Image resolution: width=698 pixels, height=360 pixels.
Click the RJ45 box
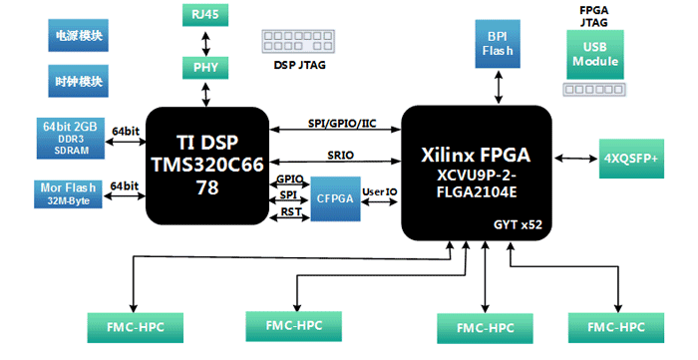tap(206, 15)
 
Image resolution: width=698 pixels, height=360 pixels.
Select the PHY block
tap(206, 67)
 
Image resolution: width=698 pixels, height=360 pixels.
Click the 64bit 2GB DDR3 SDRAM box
tap(70, 138)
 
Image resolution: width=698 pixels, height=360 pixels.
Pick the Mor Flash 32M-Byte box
tap(70, 192)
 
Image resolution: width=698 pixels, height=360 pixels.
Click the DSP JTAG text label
tap(300, 66)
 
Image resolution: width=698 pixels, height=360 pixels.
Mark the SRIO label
tap(341, 156)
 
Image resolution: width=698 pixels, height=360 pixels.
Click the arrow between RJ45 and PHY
tap(206, 41)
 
